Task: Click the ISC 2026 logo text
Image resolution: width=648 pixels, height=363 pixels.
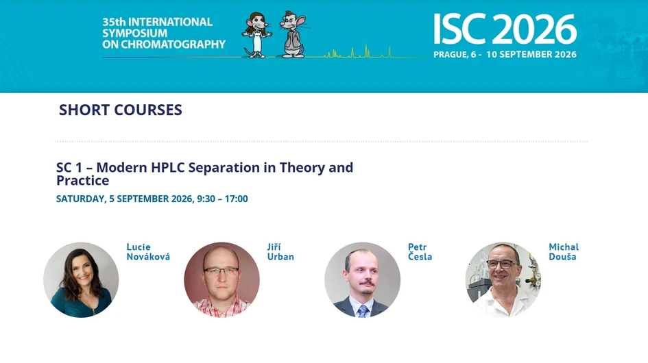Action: [x=504, y=29]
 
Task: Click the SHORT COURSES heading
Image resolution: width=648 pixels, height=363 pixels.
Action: [x=121, y=110]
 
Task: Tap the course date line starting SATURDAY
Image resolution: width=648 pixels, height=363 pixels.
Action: [x=152, y=199]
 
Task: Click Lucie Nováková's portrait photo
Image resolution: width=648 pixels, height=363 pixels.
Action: [x=81, y=279]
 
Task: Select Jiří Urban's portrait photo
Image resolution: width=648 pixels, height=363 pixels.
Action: [x=221, y=279]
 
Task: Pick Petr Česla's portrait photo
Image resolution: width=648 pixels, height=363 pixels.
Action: [x=362, y=279]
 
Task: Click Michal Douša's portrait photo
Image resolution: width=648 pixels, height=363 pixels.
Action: [x=503, y=279]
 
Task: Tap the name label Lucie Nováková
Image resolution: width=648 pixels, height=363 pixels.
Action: [x=148, y=252]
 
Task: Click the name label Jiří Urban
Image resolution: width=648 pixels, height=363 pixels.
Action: [x=280, y=252]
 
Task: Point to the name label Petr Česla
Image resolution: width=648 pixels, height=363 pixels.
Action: [x=420, y=252]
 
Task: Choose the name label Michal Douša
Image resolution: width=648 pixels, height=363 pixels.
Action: [x=563, y=252]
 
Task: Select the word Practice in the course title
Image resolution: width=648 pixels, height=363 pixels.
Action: [x=82, y=181]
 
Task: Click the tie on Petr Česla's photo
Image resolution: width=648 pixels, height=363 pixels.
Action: [x=362, y=310]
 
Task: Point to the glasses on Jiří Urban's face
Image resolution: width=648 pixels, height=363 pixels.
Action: [x=221, y=271]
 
